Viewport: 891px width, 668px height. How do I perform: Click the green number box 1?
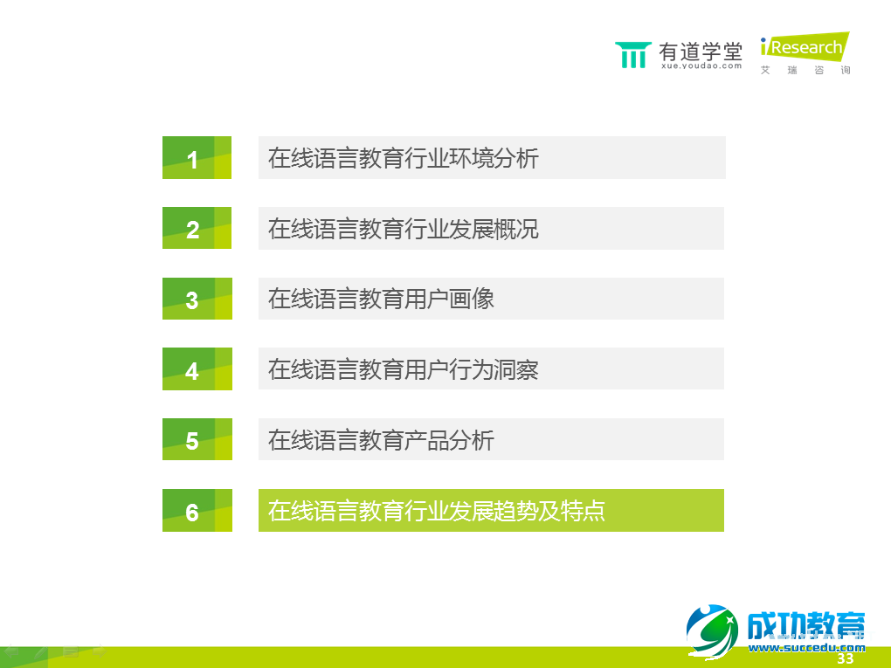click(x=197, y=158)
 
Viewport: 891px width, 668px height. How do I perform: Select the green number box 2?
click(x=197, y=228)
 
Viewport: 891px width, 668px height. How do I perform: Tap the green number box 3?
click(x=197, y=299)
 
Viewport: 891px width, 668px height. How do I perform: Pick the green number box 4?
click(x=197, y=369)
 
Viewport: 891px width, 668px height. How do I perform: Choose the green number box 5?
click(x=197, y=439)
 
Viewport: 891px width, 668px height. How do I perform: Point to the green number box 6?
click(x=197, y=511)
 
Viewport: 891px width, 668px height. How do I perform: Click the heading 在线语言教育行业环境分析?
click(x=404, y=158)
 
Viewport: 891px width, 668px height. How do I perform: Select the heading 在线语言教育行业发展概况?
click(x=404, y=228)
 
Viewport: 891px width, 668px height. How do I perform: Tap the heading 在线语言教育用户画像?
click(x=381, y=299)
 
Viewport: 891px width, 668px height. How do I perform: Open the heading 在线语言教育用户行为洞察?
click(x=404, y=369)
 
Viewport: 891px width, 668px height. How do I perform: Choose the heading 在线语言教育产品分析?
click(x=381, y=439)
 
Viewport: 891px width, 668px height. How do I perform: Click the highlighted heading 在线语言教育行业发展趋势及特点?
click(x=437, y=511)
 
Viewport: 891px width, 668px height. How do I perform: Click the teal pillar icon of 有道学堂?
click(x=632, y=54)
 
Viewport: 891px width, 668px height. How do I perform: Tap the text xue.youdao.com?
click(x=701, y=65)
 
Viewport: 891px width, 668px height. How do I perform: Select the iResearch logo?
click(x=804, y=47)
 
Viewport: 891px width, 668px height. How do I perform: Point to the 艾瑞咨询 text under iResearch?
click(x=805, y=70)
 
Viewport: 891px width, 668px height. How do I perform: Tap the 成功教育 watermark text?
click(x=805, y=625)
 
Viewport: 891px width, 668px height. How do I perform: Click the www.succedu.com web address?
click(x=805, y=647)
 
